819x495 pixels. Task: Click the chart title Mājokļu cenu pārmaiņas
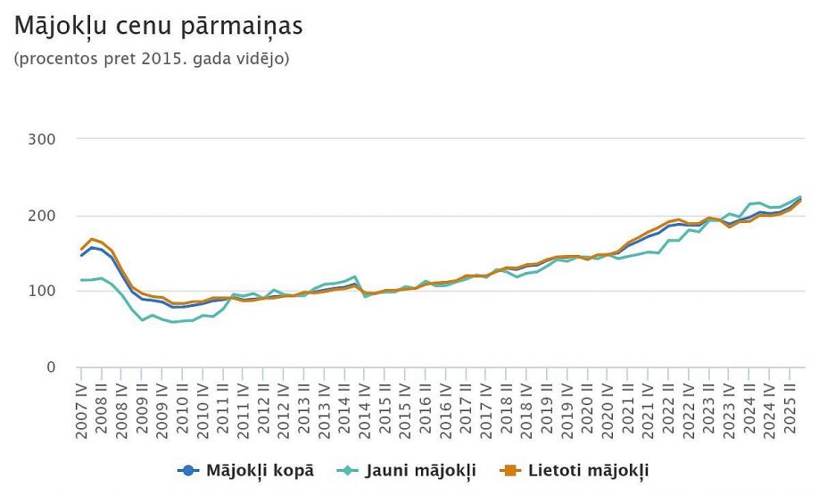pos(159,27)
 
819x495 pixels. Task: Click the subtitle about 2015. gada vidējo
pos(152,60)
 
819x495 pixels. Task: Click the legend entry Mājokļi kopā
pos(260,470)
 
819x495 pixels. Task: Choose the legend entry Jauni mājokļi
pos(419,470)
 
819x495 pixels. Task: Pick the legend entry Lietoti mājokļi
pos(588,470)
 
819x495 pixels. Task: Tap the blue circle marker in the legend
pos(187,470)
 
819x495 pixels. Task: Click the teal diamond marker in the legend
pos(349,470)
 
